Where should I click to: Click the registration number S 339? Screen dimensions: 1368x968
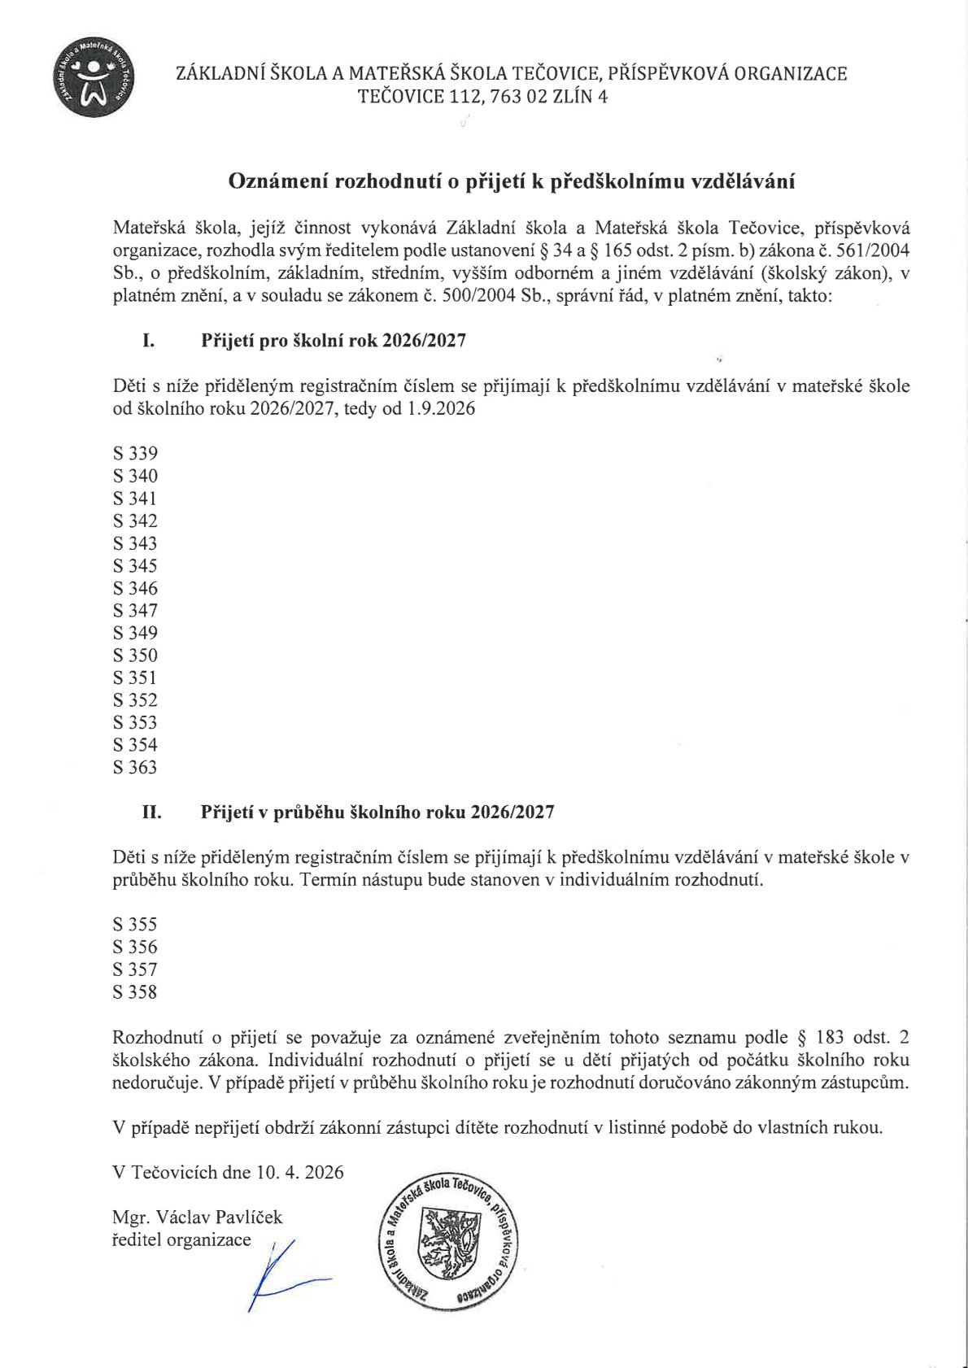pos(135,454)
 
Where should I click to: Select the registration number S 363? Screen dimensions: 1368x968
pos(135,768)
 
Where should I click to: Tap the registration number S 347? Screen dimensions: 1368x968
pos(135,611)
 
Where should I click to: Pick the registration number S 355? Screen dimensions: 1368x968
pos(135,925)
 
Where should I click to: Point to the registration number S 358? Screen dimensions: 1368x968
pos(135,992)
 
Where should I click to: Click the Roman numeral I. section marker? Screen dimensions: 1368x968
pos(149,341)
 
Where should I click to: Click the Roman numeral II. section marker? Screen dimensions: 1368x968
pos(152,812)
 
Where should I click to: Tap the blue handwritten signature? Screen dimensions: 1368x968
pos(281,1273)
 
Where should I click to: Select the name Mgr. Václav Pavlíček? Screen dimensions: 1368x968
pos(198,1218)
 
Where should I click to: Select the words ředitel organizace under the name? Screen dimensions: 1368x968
pos(181,1240)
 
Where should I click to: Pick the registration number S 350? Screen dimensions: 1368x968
pos(135,656)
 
